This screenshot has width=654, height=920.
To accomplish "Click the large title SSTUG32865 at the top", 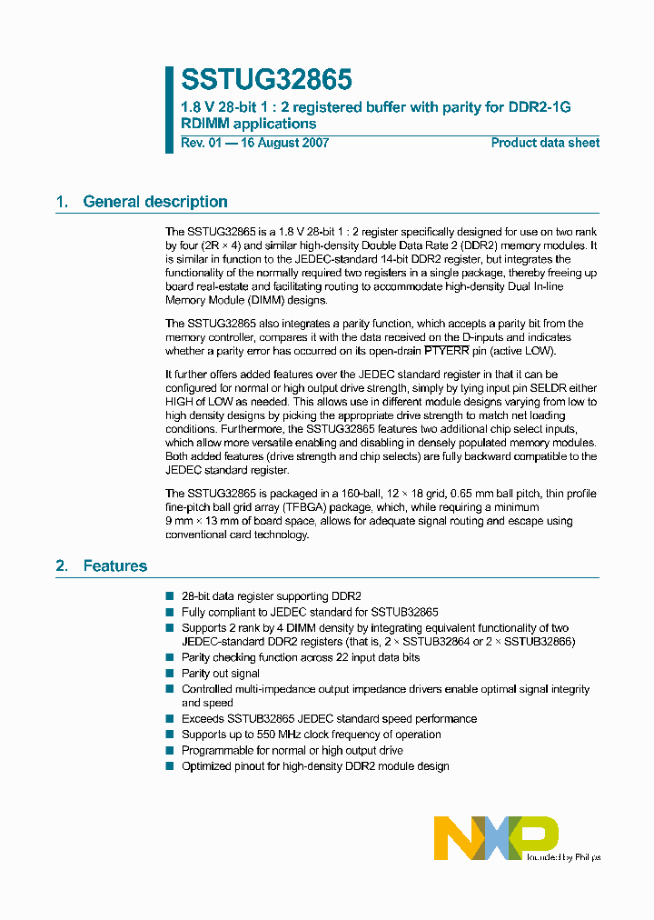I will pyautogui.click(x=266, y=80).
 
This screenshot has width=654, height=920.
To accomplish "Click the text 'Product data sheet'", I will pyautogui.click(x=545, y=143).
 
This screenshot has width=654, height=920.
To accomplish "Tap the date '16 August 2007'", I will pyautogui.click(x=283, y=143).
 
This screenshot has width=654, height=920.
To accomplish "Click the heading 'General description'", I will pyautogui.click(x=155, y=202).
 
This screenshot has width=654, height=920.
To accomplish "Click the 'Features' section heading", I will pyautogui.click(x=114, y=565).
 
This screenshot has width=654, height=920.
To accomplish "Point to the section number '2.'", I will pyautogui.click(x=62, y=565).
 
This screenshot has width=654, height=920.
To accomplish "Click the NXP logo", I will pyautogui.click(x=495, y=836).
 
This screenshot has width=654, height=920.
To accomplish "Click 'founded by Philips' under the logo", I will pyautogui.click(x=563, y=856).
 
